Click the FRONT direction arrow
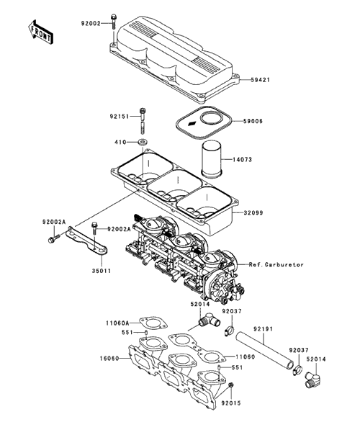coord(40,32)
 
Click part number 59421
coord(260,80)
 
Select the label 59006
coord(253,122)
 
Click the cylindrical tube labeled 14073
coord(212,159)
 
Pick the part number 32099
coord(253,213)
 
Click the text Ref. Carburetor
coord(276,265)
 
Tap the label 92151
coord(119,117)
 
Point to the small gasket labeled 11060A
coord(153,323)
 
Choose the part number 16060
coord(109,359)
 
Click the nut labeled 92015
coord(230,385)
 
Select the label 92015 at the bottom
coord(231,403)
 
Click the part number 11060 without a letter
coord(245,357)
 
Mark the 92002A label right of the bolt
coord(119,229)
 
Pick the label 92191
coord(263,329)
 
